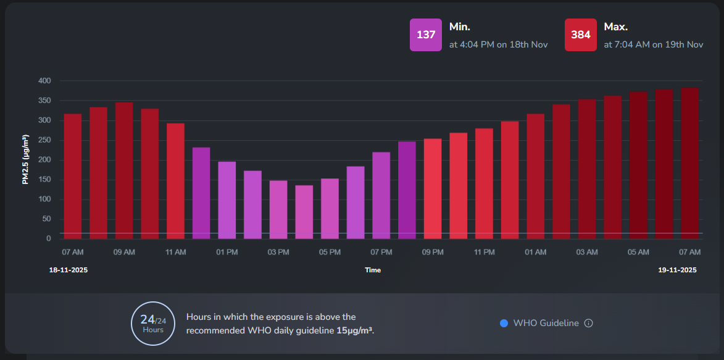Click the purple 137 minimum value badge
tap(426, 35)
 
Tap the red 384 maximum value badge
tap(581, 35)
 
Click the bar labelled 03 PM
tap(278, 209)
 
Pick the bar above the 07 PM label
tap(381, 195)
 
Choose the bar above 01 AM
tap(536, 176)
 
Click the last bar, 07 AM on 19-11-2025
tap(690, 163)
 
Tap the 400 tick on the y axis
tap(44, 81)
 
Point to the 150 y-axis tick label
tap(44, 180)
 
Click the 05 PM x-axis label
tap(330, 252)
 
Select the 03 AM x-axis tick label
tap(587, 252)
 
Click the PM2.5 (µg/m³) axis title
tap(25, 159)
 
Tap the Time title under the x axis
tap(373, 270)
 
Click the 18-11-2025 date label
tap(69, 270)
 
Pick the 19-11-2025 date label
tap(677, 270)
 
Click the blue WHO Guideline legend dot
tap(504, 323)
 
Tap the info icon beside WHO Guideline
tap(588, 323)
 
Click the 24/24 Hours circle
tap(153, 323)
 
